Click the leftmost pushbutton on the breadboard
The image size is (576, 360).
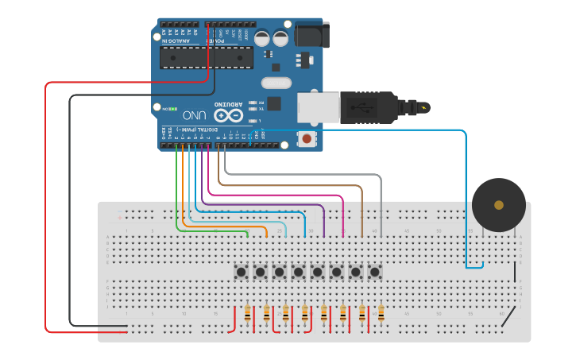point(241,272)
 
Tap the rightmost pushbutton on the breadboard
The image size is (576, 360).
point(374,272)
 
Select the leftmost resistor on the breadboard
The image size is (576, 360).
point(248,314)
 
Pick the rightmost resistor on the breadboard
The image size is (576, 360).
point(381,314)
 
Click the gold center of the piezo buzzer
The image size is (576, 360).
point(498,205)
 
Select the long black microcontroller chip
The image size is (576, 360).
point(207,57)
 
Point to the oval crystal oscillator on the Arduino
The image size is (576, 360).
point(276,82)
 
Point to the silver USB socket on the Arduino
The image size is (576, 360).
point(318,107)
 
